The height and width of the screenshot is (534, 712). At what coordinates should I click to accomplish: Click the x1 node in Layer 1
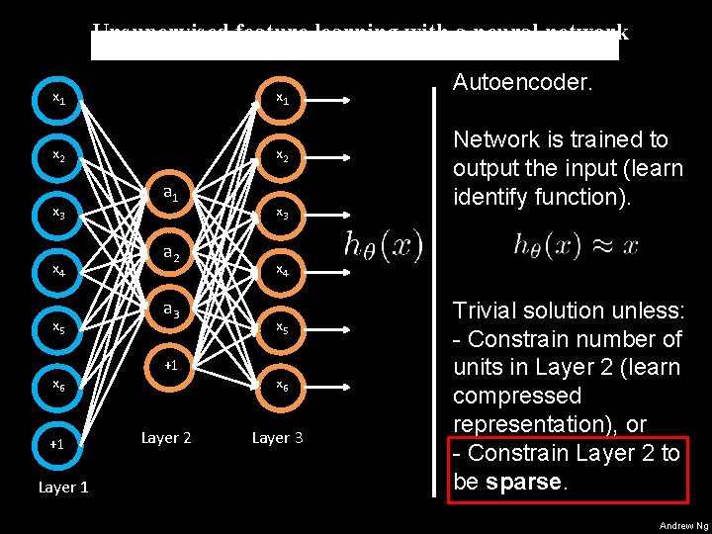coord(59,99)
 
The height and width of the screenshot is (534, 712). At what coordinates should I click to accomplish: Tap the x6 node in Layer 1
coord(59,385)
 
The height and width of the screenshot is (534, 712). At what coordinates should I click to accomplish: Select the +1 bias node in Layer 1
coord(57,444)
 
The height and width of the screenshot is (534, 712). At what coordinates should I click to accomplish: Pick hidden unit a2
coord(170,254)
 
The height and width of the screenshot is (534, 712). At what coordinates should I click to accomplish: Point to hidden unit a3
coord(170,311)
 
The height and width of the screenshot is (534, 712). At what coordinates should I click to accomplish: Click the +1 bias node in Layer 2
coord(170,366)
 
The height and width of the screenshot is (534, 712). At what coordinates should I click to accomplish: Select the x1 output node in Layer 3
coord(282,99)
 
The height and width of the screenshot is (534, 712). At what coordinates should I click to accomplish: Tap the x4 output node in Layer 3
coord(282,269)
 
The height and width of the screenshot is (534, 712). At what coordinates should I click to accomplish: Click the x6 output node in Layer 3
coord(282,385)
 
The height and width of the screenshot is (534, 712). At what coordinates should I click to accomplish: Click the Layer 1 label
coord(63,487)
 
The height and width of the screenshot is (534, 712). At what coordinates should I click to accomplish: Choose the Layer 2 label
coord(166,437)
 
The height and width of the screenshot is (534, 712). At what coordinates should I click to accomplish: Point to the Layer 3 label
coord(278,437)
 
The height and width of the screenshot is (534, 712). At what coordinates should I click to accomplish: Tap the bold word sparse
coord(530,482)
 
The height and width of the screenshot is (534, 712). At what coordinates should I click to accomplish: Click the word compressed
coord(517,396)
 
